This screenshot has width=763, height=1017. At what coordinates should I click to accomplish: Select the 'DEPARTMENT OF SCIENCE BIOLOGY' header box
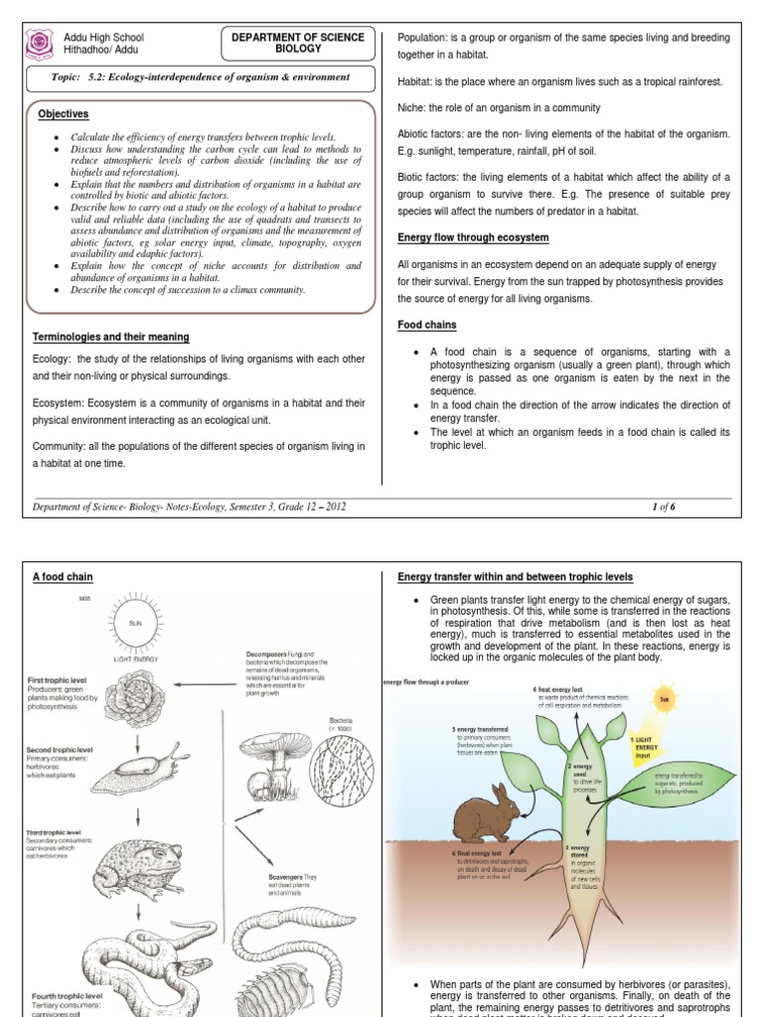click(298, 43)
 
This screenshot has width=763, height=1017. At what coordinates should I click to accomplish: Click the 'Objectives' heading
click(64, 114)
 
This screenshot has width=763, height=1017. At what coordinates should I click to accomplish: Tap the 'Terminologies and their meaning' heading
click(110, 338)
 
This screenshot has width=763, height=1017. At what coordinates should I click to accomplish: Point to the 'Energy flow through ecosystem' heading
click(473, 237)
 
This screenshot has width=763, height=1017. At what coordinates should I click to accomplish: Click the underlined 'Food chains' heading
click(427, 325)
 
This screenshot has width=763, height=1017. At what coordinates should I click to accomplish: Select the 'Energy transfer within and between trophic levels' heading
click(515, 577)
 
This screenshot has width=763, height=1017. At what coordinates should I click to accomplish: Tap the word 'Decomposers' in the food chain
click(269, 655)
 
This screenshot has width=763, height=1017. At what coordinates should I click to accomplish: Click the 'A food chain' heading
click(63, 576)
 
